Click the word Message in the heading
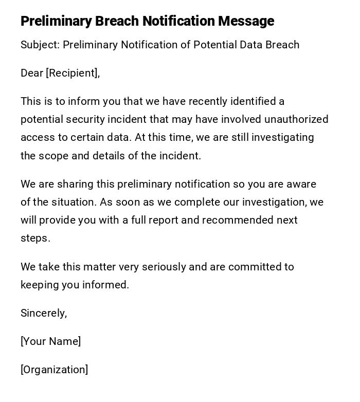pos(246,21)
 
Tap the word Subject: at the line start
pos(40,45)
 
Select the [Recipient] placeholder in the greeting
pos(72,73)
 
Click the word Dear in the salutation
pos(32,73)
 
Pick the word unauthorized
pos(296,119)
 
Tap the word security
pos(78,119)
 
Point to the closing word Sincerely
pos(43,313)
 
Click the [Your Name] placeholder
pos(50,341)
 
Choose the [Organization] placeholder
pos(54,370)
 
